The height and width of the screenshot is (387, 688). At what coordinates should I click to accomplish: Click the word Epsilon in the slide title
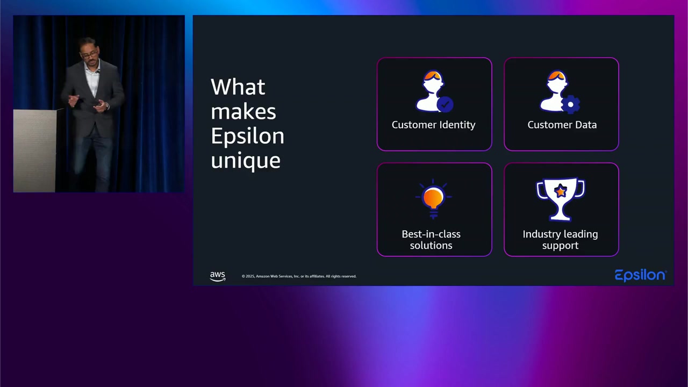[247, 137]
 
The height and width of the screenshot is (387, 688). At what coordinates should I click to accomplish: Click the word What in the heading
[238, 87]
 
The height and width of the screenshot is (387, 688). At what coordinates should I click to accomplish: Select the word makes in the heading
[243, 112]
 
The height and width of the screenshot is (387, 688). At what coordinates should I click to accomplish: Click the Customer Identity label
[433, 125]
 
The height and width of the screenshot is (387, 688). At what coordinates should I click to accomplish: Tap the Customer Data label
[562, 125]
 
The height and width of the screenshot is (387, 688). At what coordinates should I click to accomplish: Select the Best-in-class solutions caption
[431, 240]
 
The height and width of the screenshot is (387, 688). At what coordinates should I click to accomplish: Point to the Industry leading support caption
[560, 240]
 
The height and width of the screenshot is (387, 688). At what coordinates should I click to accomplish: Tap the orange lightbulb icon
[433, 198]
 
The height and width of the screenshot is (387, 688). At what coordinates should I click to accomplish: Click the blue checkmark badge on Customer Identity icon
[445, 104]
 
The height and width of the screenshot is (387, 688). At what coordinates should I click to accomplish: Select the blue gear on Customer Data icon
[571, 104]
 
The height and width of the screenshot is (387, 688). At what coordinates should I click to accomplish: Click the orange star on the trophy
[561, 191]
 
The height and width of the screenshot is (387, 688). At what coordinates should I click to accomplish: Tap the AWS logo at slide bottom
[218, 276]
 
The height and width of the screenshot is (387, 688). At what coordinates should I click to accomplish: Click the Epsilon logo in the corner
[640, 275]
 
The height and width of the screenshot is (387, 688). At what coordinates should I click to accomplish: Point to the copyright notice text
[299, 276]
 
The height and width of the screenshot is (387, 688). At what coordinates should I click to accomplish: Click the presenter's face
[90, 53]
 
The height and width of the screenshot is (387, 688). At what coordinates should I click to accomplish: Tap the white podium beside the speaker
[34, 150]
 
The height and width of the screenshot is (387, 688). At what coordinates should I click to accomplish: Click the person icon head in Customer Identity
[433, 82]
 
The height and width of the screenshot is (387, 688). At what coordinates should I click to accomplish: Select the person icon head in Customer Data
[556, 82]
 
